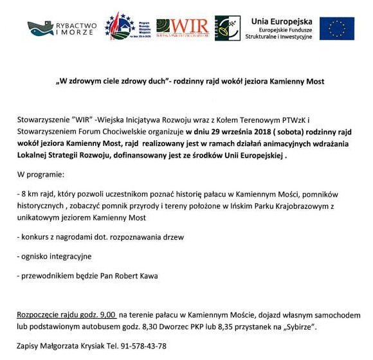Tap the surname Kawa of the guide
(x=147, y=276)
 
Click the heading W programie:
(x=41, y=175)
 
